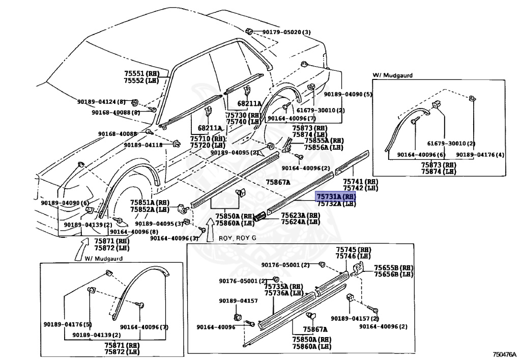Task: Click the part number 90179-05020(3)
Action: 286,33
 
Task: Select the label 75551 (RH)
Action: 141,73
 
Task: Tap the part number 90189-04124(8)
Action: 101,102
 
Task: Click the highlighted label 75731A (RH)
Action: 335,196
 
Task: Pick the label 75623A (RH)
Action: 300,215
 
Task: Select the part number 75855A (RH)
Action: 324,141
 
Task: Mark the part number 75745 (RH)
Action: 354,250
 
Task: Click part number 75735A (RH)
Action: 283,286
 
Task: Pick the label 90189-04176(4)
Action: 480,155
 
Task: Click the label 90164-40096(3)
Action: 174,237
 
